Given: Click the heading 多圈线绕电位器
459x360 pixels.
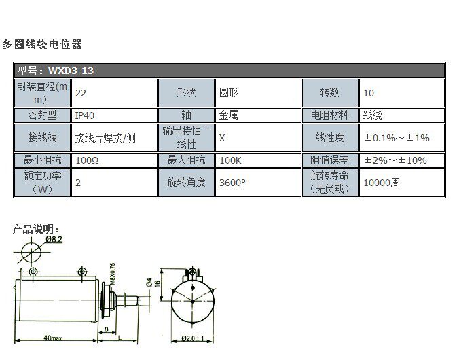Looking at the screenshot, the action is pos(41,45).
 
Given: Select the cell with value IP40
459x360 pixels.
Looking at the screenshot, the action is pos(85,115).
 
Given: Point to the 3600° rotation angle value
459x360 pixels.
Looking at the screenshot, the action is pos(232,183).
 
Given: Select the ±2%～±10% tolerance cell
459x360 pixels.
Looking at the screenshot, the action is pos(395,161).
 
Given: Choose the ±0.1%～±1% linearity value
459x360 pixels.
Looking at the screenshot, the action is pos(397,138).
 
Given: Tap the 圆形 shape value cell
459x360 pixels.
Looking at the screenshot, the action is pos(227,92).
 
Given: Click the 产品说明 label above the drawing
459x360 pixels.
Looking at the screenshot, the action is pos(36,229).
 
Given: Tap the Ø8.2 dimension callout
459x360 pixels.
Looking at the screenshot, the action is pos(54,240).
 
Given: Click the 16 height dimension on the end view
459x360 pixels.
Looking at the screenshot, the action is pos(158,283).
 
